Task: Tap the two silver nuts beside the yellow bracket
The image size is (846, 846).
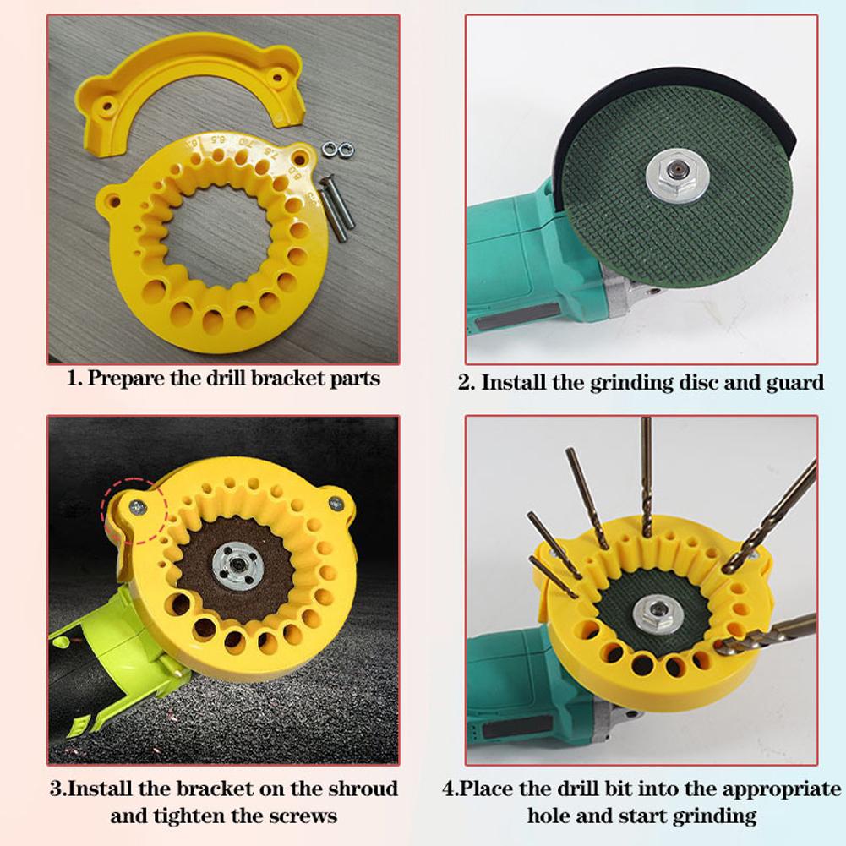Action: pos(336,150)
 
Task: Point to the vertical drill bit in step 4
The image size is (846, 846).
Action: pos(647,473)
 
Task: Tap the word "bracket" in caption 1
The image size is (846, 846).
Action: pos(276,378)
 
